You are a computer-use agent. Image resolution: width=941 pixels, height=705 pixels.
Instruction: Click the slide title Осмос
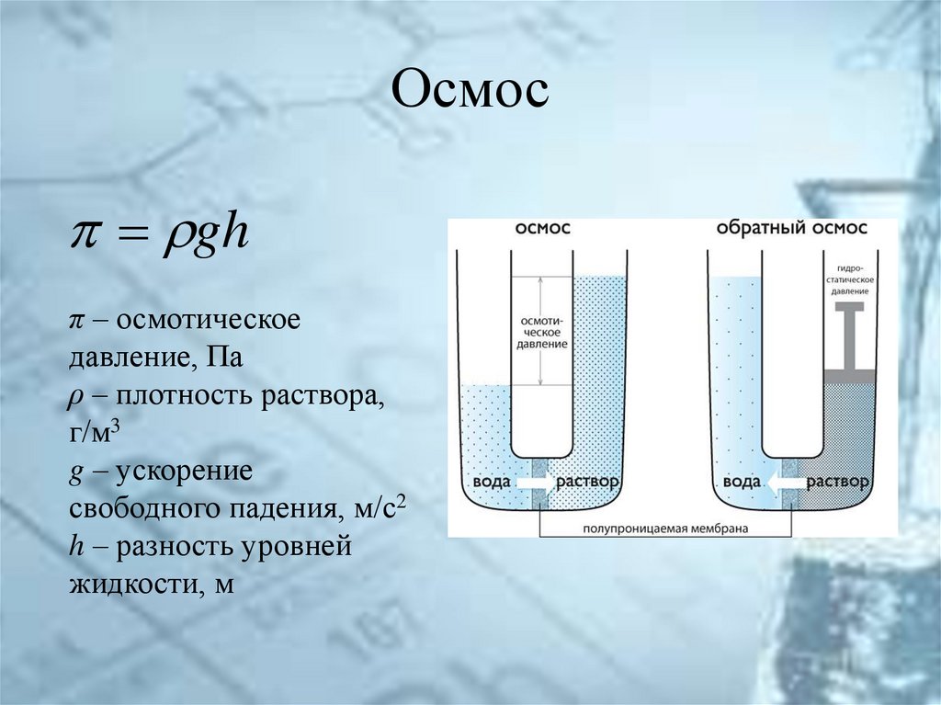click(x=470, y=94)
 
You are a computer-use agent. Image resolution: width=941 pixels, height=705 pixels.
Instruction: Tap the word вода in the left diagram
click(x=489, y=483)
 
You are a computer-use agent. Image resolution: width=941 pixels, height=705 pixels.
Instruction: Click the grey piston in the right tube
click(x=847, y=340)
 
